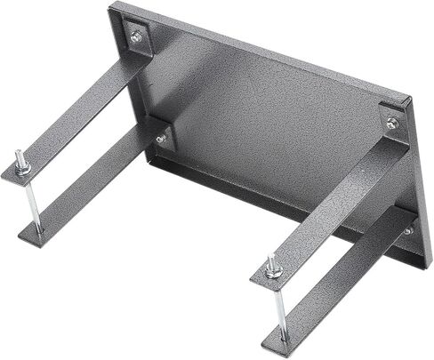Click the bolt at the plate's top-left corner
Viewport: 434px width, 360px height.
click(136, 36)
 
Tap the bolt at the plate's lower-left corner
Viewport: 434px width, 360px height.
click(161, 139)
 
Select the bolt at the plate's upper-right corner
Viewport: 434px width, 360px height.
click(392, 123)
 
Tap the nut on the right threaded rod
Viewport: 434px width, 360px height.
click(270, 267)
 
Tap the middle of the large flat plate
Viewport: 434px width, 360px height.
click(267, 124)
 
